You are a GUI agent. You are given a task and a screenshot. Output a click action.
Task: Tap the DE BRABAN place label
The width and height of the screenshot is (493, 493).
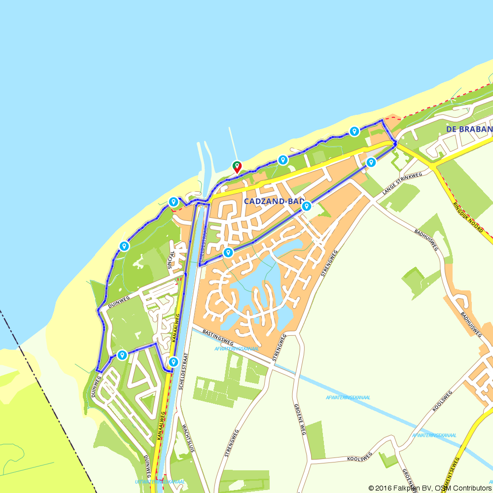coord(469,129)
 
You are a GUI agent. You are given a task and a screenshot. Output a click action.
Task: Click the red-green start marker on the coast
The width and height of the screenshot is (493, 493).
coord(237,167)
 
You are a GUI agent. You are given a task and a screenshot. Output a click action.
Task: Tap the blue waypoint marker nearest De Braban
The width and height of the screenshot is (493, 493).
coord(354,131)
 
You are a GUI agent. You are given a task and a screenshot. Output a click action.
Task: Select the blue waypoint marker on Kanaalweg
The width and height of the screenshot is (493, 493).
coord(173,362)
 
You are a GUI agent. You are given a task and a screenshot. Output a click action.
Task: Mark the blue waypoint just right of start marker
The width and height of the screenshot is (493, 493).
coord(282,160)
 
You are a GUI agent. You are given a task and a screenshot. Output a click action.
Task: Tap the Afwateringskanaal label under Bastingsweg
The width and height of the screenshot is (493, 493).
coord(237,349)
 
